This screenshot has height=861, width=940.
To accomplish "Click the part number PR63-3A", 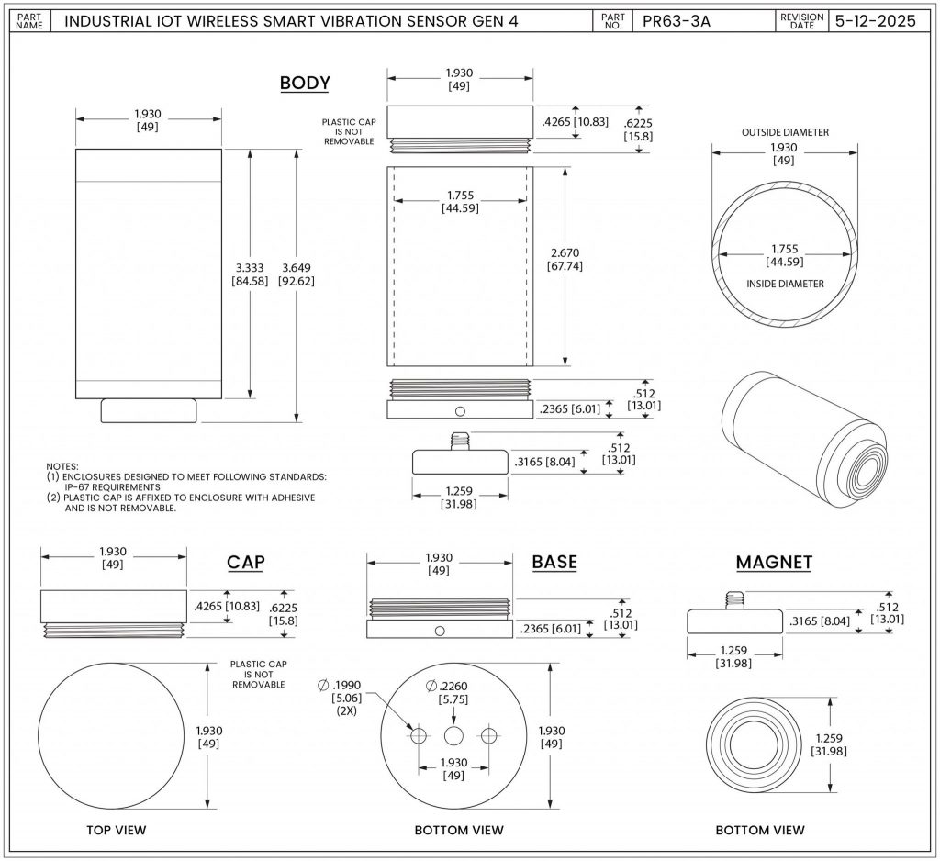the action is (x=677, y=21).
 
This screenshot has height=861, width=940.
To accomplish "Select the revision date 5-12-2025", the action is (x=875, y=21).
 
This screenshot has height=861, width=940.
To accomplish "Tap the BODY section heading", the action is (x=305, y=83).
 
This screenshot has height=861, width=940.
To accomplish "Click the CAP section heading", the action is (x=246, y=563).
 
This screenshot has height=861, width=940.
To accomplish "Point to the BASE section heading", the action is (x=554, y=563).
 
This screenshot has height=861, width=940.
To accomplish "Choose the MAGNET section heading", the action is (x=774, y=563).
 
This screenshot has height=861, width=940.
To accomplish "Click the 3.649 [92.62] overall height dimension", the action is (x=297, y=274).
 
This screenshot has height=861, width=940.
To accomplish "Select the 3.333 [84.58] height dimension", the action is (x=250, y=274).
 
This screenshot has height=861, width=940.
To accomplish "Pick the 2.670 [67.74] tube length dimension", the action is (x=565, y=259).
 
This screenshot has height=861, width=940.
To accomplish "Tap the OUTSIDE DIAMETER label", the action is (x=785, y=132).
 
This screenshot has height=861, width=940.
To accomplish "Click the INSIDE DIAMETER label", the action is (x=785, y=284).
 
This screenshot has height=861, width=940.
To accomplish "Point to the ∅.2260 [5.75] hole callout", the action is (x=447, y=692).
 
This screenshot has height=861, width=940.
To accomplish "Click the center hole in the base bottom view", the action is (x=453, y=735).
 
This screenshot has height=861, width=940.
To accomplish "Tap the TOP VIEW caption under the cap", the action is (x=117, y=830).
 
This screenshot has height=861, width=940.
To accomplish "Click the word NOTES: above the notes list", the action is (x=62, y=466).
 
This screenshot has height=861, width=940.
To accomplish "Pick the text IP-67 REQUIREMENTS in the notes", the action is (x=113, y=487).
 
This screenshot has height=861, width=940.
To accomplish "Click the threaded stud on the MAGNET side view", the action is (x=733, y=600).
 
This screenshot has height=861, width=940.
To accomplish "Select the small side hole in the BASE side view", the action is (x=440, y=631).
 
